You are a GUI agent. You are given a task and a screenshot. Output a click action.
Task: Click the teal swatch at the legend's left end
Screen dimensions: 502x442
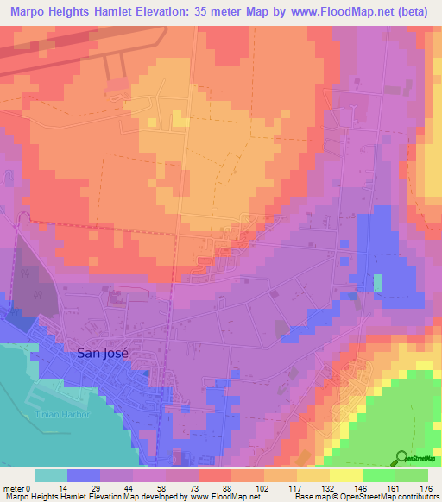tap(51, 475)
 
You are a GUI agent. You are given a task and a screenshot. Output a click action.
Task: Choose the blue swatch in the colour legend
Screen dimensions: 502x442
tap(84, 475)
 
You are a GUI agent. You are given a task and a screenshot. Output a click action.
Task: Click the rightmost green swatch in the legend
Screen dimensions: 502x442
tap(411, 475)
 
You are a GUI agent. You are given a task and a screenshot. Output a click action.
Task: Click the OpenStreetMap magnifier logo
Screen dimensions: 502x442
tap(401, 458)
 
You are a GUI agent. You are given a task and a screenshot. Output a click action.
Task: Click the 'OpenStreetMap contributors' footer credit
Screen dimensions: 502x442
tap(392, 497)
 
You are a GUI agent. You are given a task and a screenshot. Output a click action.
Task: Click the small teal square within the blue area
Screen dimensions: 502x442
tap(378, 283)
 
